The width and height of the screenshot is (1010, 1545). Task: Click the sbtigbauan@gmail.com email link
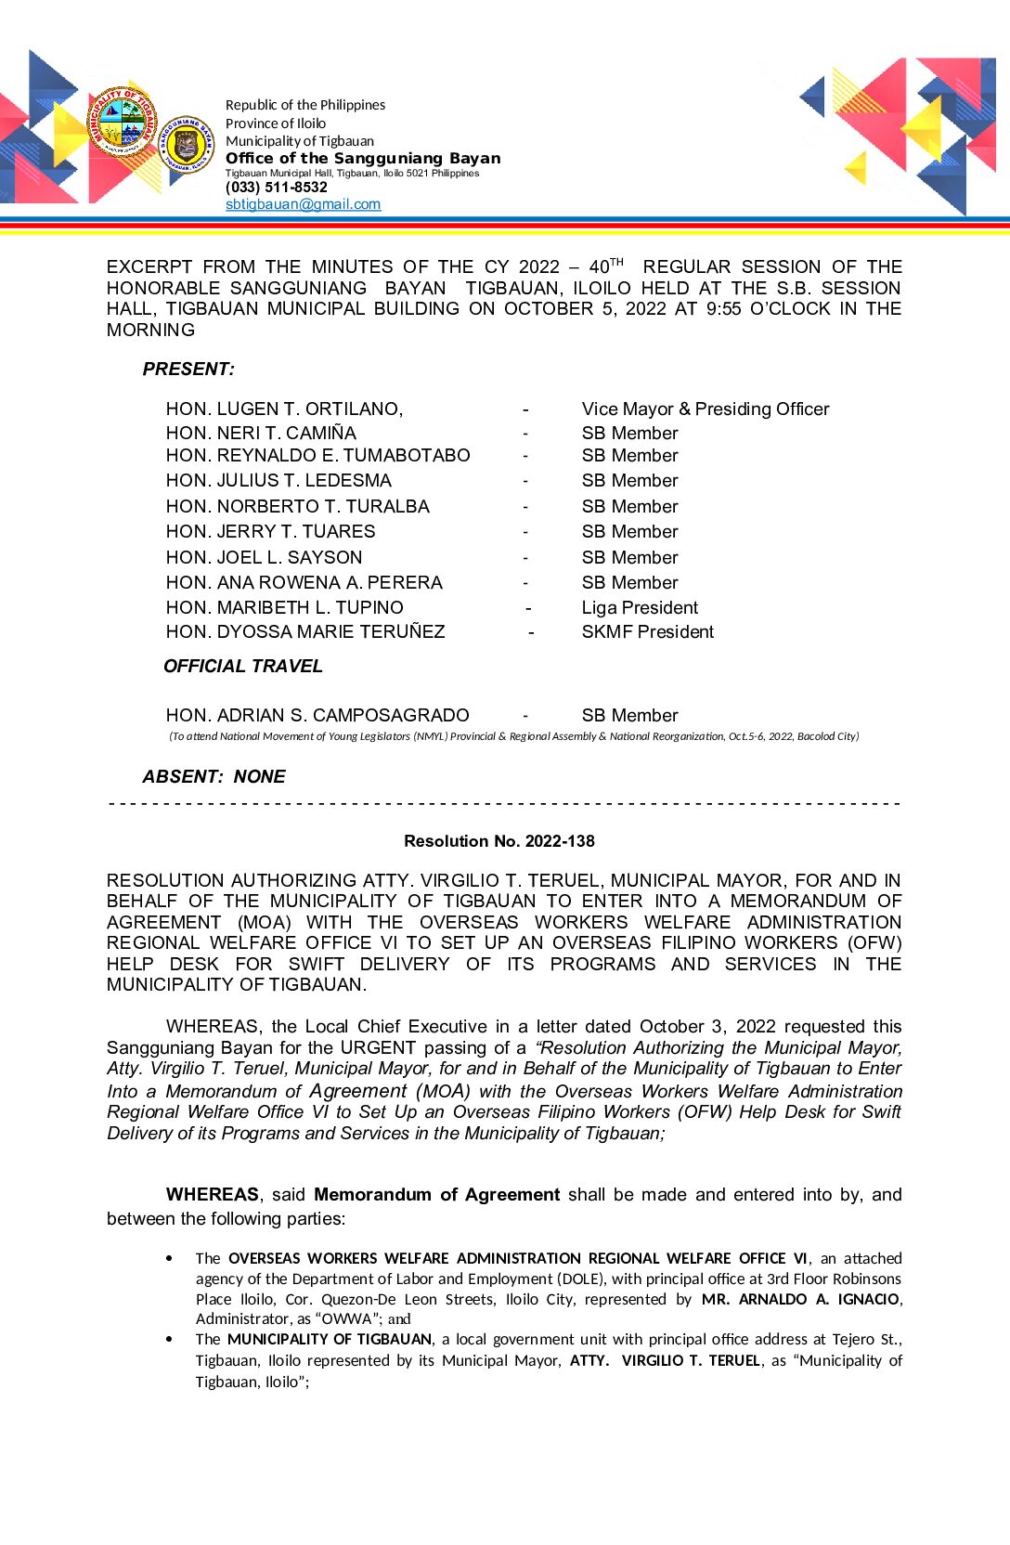[x=303, y=204]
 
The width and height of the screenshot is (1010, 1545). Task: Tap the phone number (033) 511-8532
[x=276, y=188]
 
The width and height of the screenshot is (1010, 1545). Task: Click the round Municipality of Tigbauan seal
[x=122, y=122]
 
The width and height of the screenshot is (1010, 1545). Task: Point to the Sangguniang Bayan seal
[x=187, y=144]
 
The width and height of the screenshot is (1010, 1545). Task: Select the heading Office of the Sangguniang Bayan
[x=362, y=159]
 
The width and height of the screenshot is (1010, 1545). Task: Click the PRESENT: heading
[x=188, y=370]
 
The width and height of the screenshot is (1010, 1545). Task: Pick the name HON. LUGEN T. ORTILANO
[x=284, y=409]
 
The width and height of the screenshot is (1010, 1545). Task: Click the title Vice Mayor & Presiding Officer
[x=705, y=409]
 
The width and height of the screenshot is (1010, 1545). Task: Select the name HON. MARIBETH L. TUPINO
[x=284, y=608]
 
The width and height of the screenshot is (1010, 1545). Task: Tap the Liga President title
[x=640, y=608]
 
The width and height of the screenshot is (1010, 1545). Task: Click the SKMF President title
[x=647, y=632]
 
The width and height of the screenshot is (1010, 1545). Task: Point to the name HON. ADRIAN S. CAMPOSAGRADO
[x=317, y=716]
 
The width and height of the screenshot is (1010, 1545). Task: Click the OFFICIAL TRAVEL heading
[x=243, y=667]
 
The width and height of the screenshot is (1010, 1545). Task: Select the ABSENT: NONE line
[x=214, y=777]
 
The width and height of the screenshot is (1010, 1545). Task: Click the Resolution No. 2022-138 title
[x=499, y=841]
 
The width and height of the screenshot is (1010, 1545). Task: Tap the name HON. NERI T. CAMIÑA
[x=261, y=434]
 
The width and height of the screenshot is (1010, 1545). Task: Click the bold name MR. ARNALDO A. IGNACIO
[x=800, y=1299]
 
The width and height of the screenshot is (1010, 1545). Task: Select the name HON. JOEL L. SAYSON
[x=264, y=558]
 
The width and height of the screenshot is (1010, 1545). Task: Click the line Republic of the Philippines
[x=304, y=105]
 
